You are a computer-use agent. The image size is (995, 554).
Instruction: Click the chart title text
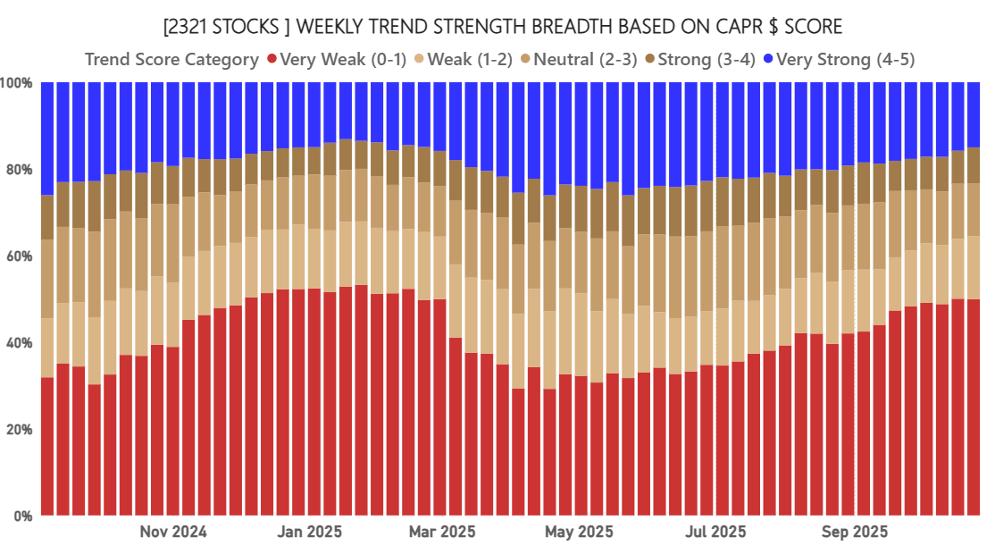(497, 26)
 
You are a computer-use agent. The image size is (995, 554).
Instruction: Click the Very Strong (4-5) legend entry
(845, 60)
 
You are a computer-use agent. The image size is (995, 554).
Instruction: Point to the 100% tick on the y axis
(18, 83)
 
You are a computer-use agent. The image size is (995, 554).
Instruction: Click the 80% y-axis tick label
(20, 170)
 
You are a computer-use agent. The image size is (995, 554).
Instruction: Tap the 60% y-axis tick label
(20, 256)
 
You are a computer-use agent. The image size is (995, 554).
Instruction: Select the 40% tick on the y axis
(20, 343)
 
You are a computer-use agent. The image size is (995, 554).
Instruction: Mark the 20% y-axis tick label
(20, 430)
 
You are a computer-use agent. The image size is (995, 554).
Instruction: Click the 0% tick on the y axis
(23, 516)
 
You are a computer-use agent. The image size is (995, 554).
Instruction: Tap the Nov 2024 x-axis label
(173, 533)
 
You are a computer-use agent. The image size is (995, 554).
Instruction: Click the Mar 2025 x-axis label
(441, 533)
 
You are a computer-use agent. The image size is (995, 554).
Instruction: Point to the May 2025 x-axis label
(579, 533)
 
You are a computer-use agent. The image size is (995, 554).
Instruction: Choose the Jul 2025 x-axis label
(715, 533)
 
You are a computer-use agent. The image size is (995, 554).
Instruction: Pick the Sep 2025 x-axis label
(855, 533)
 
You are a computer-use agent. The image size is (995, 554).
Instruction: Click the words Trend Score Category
(171, 60)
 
